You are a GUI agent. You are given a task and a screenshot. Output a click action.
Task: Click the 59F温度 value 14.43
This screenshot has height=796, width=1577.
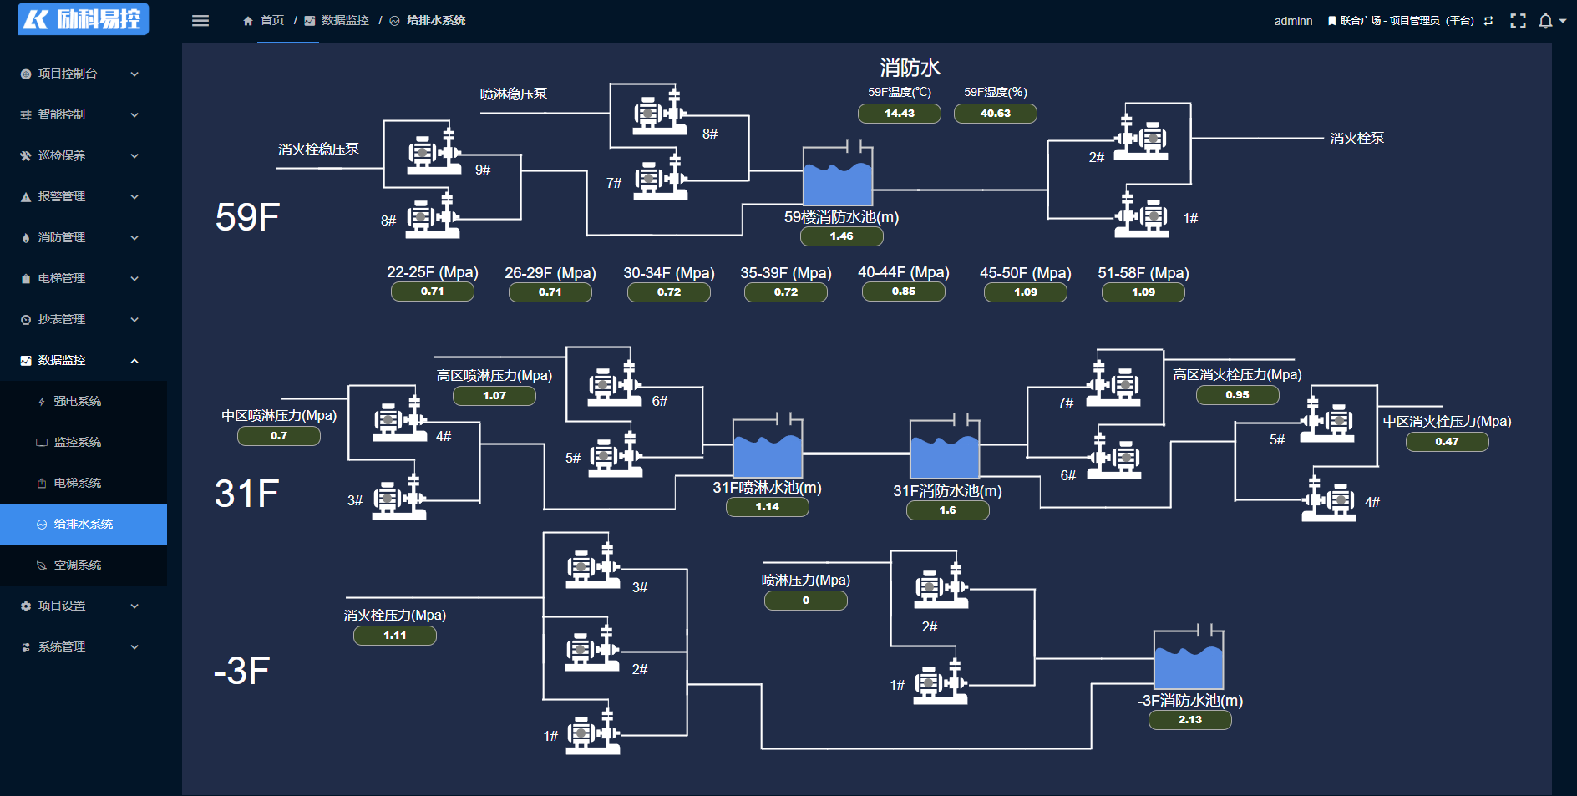899,114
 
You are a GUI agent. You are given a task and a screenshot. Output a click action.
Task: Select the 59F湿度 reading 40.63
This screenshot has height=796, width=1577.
995,114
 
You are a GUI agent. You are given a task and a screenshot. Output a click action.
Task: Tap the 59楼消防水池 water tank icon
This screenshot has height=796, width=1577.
837,176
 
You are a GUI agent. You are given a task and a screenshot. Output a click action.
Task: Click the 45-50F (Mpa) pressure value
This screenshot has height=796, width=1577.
1025,292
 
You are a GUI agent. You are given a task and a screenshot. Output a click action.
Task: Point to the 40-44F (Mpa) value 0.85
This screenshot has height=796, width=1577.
903,292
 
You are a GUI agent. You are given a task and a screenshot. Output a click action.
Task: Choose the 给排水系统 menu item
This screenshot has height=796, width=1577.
83,524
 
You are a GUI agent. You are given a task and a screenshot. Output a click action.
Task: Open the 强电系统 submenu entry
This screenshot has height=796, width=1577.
78,401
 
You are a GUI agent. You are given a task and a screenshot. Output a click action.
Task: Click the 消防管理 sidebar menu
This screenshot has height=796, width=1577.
62,237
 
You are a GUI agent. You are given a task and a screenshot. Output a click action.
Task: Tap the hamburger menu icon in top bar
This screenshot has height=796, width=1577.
200,21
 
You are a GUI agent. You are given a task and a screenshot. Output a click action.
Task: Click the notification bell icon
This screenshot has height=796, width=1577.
1545,21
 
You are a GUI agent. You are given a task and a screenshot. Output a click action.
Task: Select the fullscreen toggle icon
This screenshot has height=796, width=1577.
1518,21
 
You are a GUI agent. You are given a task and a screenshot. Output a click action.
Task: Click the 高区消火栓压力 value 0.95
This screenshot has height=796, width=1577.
1237,395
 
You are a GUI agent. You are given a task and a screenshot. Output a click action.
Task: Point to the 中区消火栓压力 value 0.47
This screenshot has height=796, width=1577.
1447,442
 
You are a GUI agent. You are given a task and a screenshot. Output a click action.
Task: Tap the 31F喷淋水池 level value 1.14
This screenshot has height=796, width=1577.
767,507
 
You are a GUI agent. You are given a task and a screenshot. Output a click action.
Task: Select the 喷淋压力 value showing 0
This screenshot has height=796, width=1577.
805,601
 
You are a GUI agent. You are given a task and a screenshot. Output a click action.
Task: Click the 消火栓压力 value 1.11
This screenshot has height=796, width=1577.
394,636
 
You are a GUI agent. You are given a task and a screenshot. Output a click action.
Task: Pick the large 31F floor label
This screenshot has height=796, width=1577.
246,494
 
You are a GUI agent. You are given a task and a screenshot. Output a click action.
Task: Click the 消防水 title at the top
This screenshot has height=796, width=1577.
910,68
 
